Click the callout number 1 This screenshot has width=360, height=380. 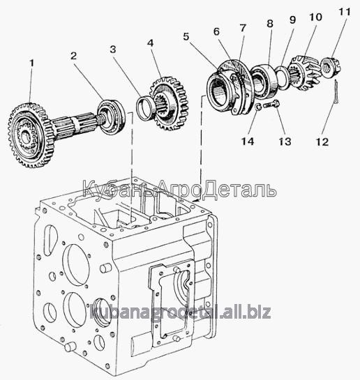point(31,63)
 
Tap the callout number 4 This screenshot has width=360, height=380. point(150,43)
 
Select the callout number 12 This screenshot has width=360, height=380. point(322,142)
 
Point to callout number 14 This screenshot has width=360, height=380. point(248,142)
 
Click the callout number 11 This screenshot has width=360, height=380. point(345,11)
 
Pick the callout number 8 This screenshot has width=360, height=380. point(270,24)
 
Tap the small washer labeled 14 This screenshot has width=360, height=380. point(258,107)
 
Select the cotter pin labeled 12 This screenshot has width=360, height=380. point(336,92)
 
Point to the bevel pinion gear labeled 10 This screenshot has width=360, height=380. point(306,73)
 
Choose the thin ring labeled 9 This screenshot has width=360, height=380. point(283,78)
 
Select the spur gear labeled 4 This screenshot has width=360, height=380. point(169,103)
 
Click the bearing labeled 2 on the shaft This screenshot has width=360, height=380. point(112,117)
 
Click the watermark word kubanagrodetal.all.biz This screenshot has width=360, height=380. point(180,312)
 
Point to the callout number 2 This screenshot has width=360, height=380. point(73,56)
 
